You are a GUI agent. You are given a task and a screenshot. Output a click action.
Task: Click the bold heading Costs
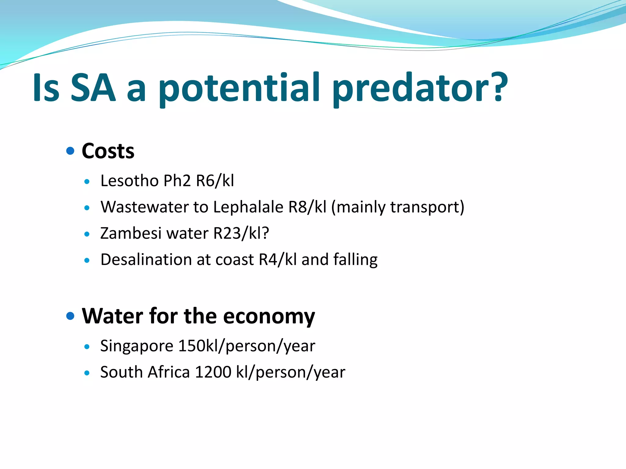point(108,151)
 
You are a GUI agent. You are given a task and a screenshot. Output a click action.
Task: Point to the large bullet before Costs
point(70,151)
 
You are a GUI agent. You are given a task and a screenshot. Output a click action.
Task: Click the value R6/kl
point(215,181)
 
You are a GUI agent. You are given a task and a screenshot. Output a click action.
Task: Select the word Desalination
point(146,260)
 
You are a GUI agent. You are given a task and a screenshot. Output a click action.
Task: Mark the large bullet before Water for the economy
point(70,316)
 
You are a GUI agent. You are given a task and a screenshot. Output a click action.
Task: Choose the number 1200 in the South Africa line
point(213,373)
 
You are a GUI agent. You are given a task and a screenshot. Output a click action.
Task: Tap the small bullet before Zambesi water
point(87,234)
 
